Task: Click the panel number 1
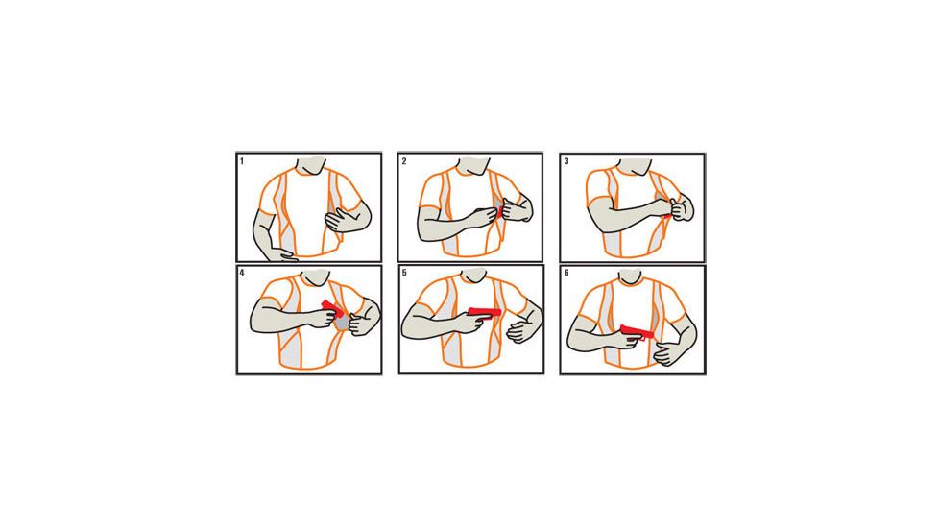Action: point(242,161)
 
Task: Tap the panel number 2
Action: point(404,161)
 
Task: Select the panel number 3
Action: point(566,161)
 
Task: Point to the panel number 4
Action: point(242,273)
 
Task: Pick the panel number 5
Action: point(404,273)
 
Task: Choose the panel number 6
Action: point(566,273)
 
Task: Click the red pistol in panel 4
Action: point(332,308)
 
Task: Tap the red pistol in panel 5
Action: point(484,311)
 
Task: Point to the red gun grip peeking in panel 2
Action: point(497,210)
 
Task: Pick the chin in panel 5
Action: point(474,276)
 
